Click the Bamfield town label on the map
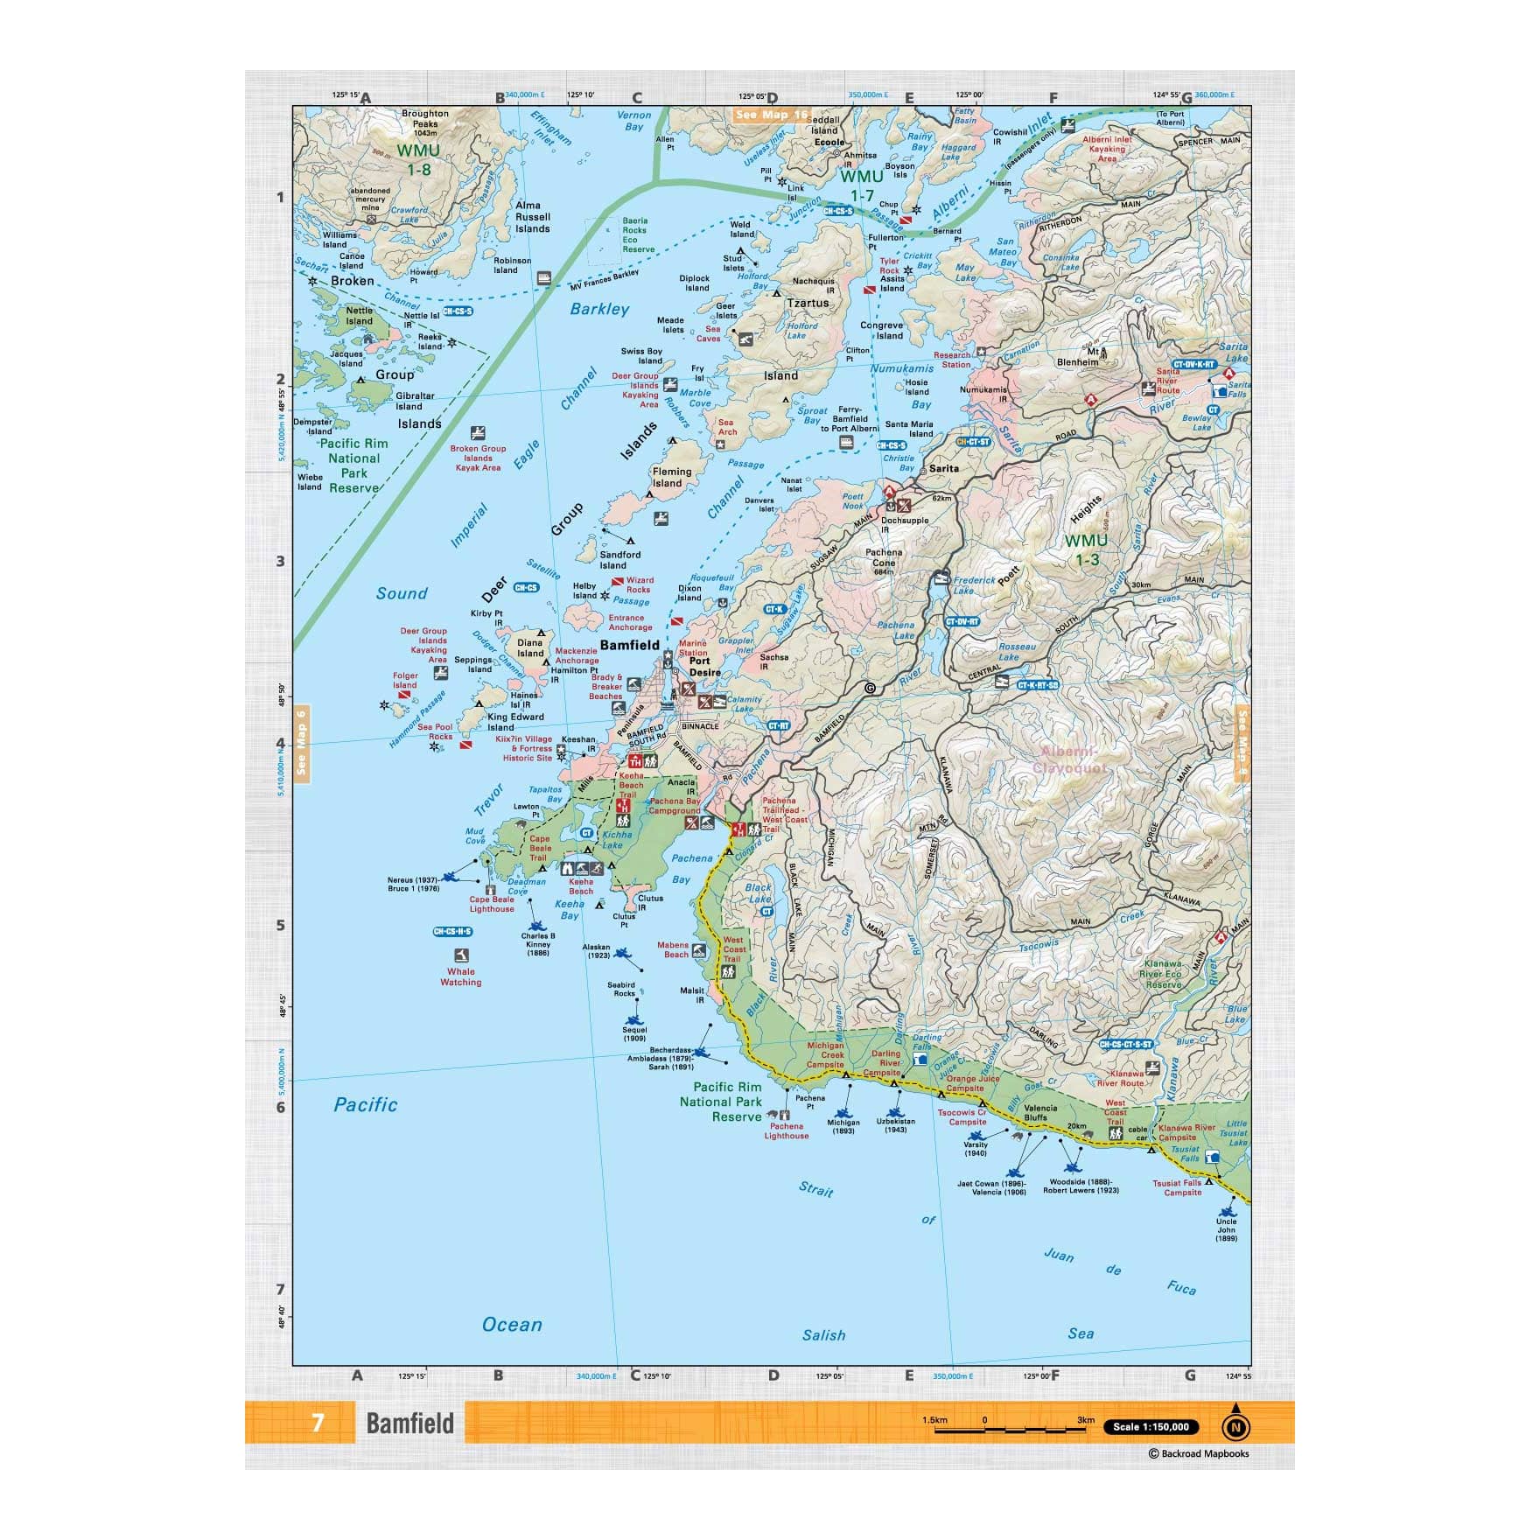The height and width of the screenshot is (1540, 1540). tap(629, 645)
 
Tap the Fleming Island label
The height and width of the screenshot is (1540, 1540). tap(671, 477)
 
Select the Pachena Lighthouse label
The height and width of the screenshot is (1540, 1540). tap(786, 1130)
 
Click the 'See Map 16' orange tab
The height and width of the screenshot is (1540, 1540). tap(772, 115)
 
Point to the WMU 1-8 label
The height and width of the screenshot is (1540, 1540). tap(418, 159)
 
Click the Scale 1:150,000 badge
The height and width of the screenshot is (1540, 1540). tap(1150, 1426)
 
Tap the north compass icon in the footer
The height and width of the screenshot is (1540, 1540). tap(1235, 1426)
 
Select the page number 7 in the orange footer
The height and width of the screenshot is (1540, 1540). tap(318, 1423)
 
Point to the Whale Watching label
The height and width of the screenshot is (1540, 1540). tap(460, 976)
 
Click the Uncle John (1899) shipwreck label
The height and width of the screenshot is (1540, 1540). tap(1226, 1229)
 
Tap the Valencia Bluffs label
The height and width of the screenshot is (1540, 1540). tap(1040, 1112)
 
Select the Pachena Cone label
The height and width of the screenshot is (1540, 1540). tap(884, 557)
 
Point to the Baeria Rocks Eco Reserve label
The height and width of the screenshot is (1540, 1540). tap(637, 235)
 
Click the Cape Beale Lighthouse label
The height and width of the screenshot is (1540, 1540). tap(492, 904)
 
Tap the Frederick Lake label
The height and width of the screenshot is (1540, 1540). tap(974, 584)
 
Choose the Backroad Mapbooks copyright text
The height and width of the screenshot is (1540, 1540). tap(1199, 1453)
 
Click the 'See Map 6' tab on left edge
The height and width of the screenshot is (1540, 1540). tap(302, 742)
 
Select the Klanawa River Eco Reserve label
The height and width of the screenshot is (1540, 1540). tap(1163, 974)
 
